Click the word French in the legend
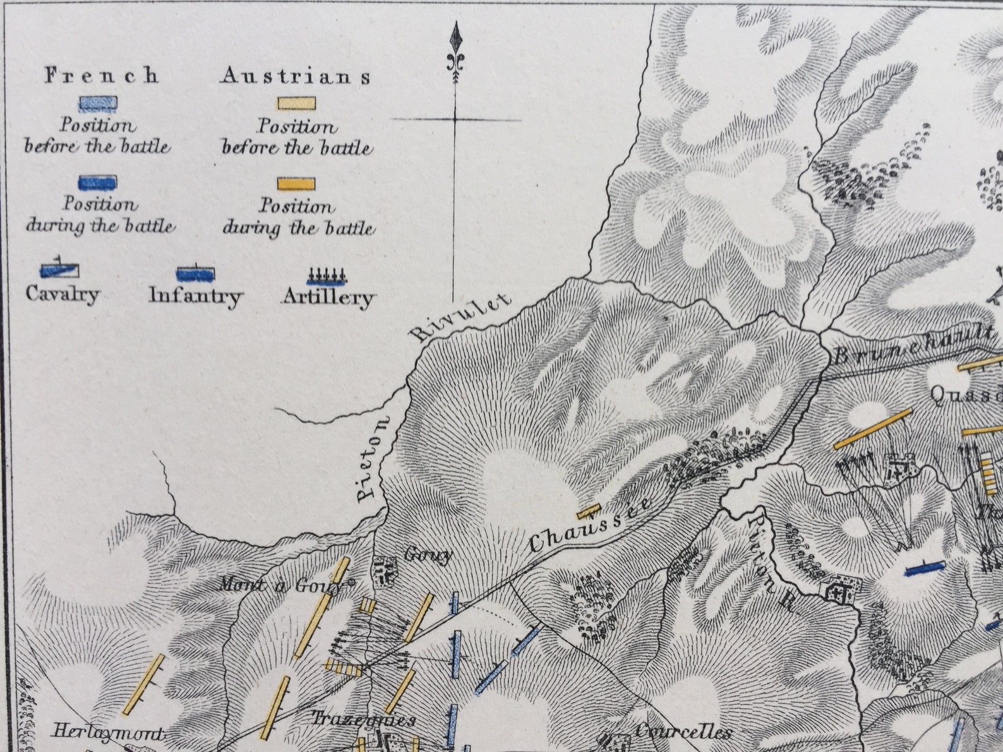point(101,76)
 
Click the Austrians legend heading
point(296,77)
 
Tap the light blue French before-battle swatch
point(97,104)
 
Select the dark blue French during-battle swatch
point(97,182)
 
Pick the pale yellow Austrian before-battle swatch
point(295,104)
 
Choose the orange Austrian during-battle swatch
point(295,184)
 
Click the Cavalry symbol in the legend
point(59,271)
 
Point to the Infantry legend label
point(196,295)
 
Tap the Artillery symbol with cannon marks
point(327,276)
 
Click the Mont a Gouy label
point(284,585)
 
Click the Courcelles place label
point(682,732)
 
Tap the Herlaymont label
point(107,732)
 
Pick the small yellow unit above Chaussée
point(588,511)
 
